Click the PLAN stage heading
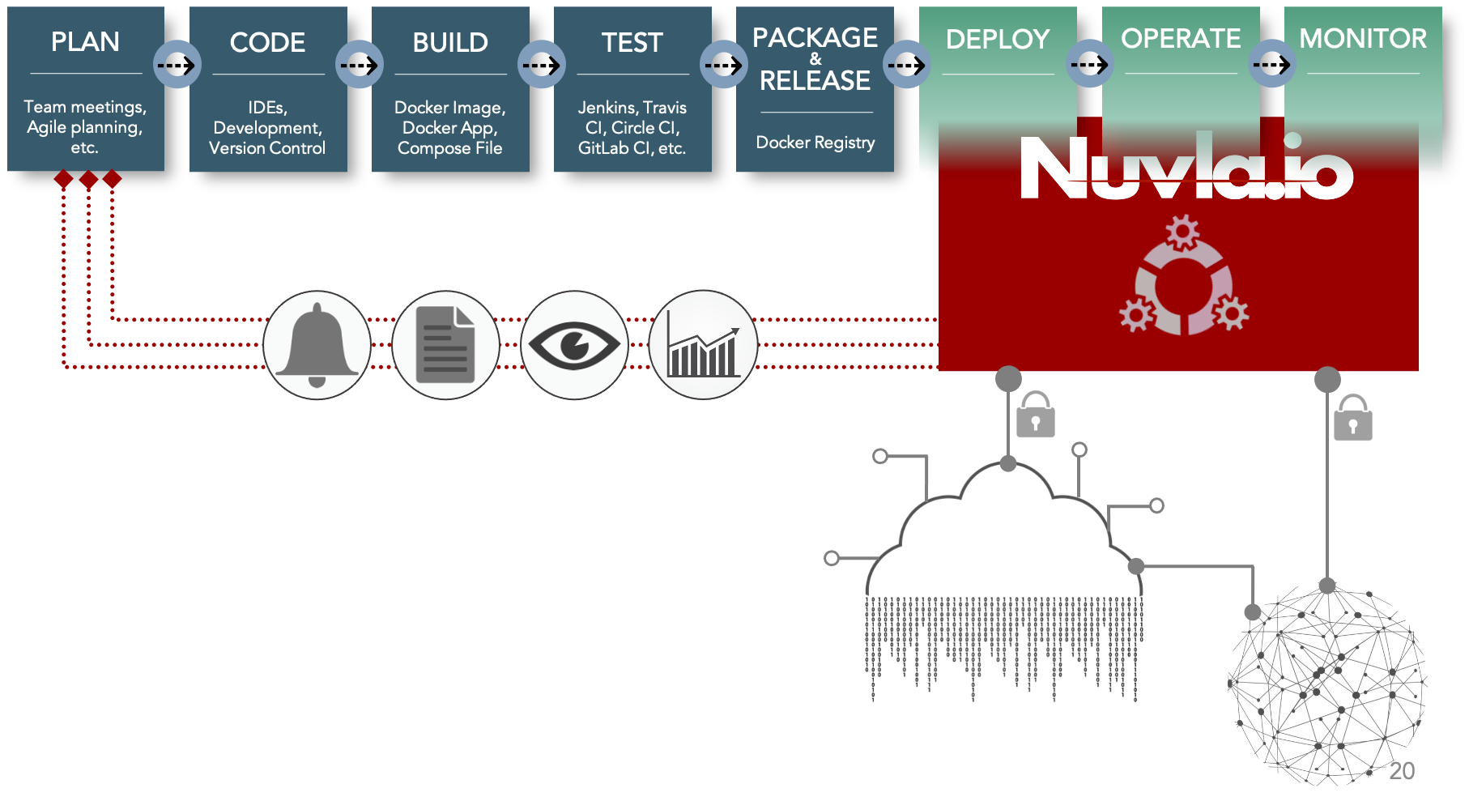pos(85,41)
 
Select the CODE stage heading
pos(267,42)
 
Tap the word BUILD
pos(450,42)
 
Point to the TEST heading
pos(632,42)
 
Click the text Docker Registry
pos(815,143)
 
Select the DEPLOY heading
pos(997,39)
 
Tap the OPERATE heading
pos(1180,38)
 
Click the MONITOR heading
pos(1362,38)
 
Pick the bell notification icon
pos(317,345)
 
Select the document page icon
pos(445,345)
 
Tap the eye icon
pos(574,345)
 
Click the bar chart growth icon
pos(703,345)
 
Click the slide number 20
pos(1402,771)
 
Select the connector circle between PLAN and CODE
pos(177,64)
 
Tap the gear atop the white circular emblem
pos(1182,232)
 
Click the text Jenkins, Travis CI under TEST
pos(632,117)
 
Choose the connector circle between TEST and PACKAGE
pos(723,64)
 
